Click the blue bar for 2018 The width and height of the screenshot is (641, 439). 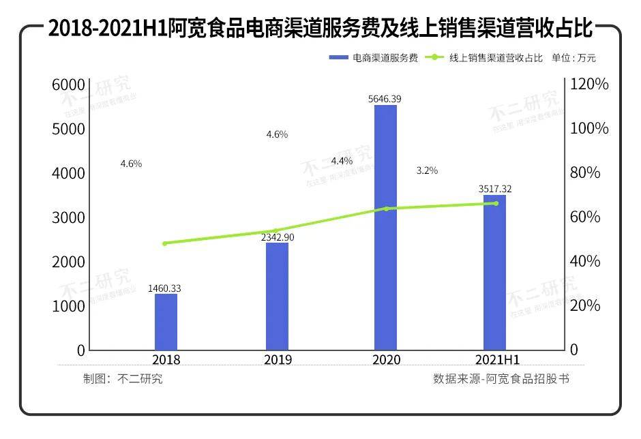pos(166,322)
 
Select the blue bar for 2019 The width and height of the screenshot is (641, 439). pos(277,296)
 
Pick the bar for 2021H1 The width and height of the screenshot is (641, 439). pos(494,272)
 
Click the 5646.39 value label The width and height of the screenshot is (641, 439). pos(385,99)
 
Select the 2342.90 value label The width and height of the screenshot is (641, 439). pos(277,237)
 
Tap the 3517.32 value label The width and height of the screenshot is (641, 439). pos(494,189)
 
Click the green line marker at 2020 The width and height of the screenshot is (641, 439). pos(386,209)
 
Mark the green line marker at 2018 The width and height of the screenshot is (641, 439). pos(165,243)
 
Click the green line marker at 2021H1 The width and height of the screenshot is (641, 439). pos(496,203)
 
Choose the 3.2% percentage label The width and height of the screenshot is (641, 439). pos(427,170)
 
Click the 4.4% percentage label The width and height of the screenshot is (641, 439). pos(342,161)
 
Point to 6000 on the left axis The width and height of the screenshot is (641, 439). pos(68,85)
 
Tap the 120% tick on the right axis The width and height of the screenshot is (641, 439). pos(589,85)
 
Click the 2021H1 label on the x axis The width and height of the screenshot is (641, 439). pos(496,360)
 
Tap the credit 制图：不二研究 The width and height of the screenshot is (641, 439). pos(123,379)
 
